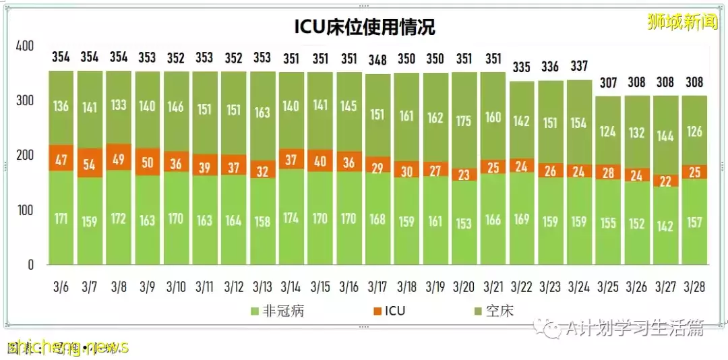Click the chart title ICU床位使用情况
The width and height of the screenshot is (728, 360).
pos(364,26)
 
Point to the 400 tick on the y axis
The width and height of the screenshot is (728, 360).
pos(24,47)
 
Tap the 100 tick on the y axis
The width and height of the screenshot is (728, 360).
pos(24,210)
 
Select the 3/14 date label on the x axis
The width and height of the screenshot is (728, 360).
pos(291,287)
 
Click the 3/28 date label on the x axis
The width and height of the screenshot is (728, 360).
pos(694,287)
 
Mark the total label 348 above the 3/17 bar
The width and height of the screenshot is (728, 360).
pos(377,60)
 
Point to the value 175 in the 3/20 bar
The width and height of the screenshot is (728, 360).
pos(464,121)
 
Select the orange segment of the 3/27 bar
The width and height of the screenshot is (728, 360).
pos(665,180)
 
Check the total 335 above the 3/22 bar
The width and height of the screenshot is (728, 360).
pos(521,67)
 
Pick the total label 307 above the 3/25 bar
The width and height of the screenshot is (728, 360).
pos(607,83)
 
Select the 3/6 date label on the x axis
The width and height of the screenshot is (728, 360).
pos(61,287)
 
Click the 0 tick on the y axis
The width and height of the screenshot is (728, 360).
pos(30,265)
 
